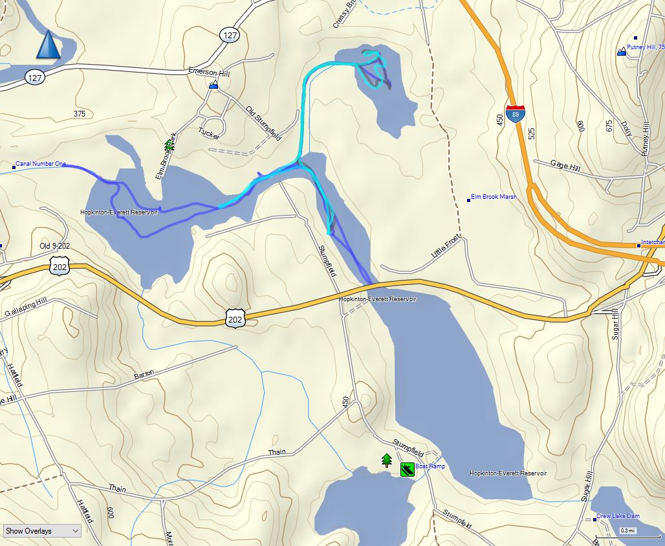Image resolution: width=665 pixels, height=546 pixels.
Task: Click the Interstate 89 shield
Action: pos(516,115)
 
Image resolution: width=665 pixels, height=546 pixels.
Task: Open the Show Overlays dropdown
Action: pos(42,530)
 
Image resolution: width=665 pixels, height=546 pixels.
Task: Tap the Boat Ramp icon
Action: pos(407,470)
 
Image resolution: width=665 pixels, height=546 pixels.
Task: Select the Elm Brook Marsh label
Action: pos(494,197)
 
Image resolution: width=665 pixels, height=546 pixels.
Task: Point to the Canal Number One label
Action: pos(41,165)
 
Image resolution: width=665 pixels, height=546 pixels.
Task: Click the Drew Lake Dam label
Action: pos(618,516)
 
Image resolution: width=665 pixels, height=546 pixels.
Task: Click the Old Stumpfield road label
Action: pos(264,122)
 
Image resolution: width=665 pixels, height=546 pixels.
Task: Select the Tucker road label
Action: pos(210,133)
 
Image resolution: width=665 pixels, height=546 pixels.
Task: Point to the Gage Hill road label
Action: pos(566,166)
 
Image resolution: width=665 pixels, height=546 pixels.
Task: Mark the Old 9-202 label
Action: pos(54,246)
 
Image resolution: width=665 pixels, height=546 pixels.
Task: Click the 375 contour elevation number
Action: pos(79,114)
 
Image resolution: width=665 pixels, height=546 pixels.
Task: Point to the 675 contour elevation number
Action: pos(609,125)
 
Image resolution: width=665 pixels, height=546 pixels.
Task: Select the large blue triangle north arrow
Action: pos(48,45)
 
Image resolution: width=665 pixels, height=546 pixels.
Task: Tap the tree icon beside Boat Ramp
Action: pos(387,460)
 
